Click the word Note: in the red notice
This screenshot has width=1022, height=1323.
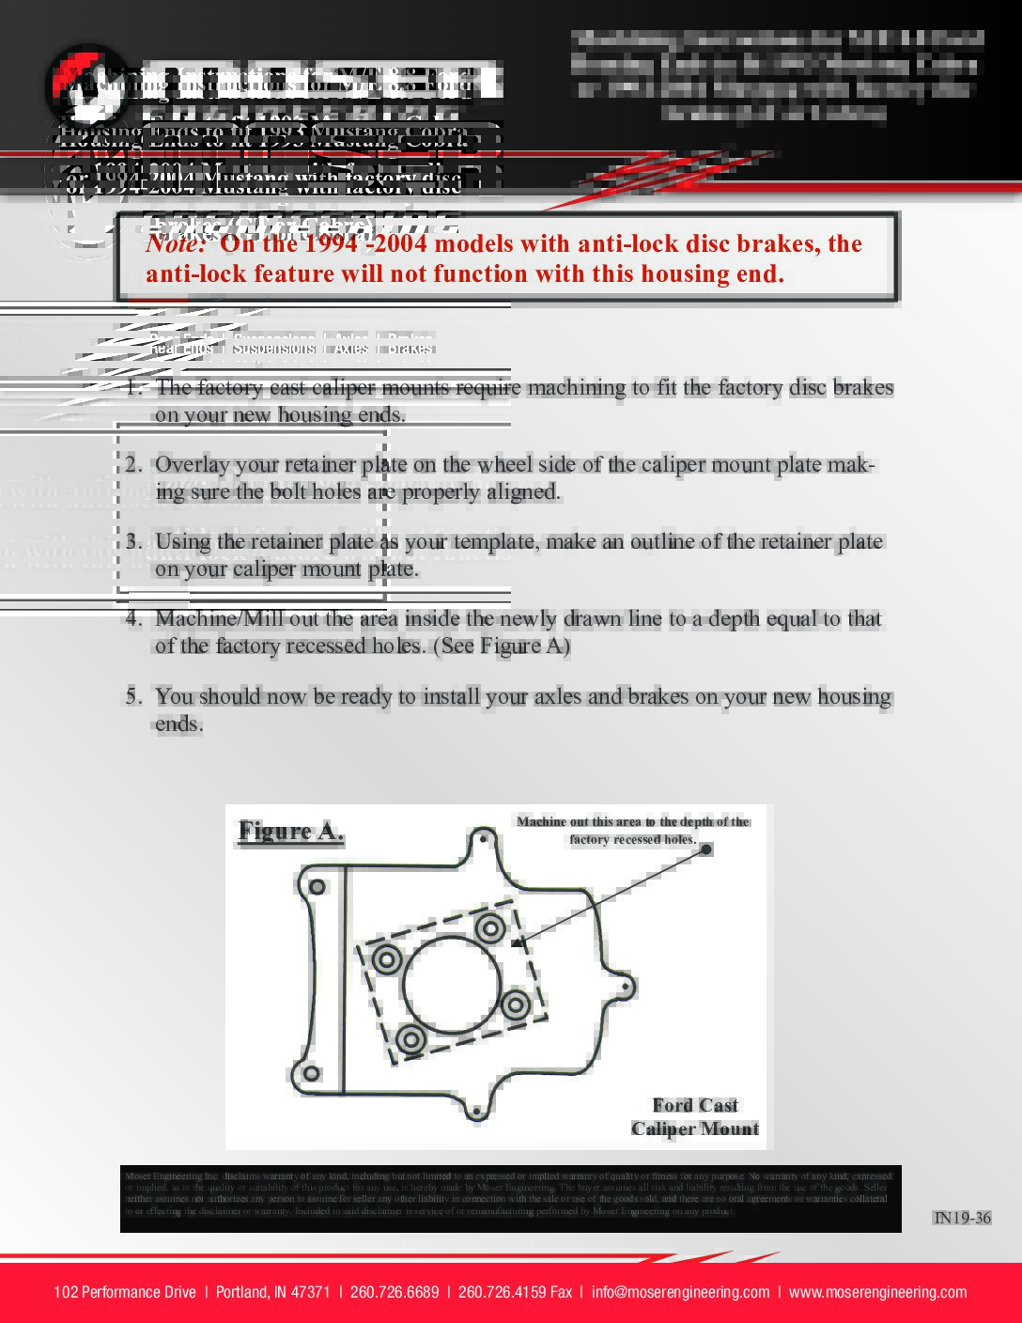point(176,243)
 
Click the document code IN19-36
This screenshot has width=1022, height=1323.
point(961,1218)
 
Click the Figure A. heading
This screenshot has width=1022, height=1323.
point(290,832)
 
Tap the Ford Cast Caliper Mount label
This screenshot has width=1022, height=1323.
point(695,1117)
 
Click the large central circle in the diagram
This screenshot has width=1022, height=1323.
point(451,984)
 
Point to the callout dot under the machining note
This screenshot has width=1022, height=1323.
point(706,849)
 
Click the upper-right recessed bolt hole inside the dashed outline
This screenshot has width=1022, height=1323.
point(489,929)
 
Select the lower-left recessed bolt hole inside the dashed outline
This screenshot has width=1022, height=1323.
point(410,1039)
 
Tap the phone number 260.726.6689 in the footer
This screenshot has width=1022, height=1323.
point(395,1292)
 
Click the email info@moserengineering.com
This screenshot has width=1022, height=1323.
point(680,1292)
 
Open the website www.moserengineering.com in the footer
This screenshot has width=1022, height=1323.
point(877,1292)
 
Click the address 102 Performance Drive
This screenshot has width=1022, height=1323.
point(125,1292)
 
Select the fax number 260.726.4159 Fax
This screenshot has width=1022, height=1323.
point(515,1292)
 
